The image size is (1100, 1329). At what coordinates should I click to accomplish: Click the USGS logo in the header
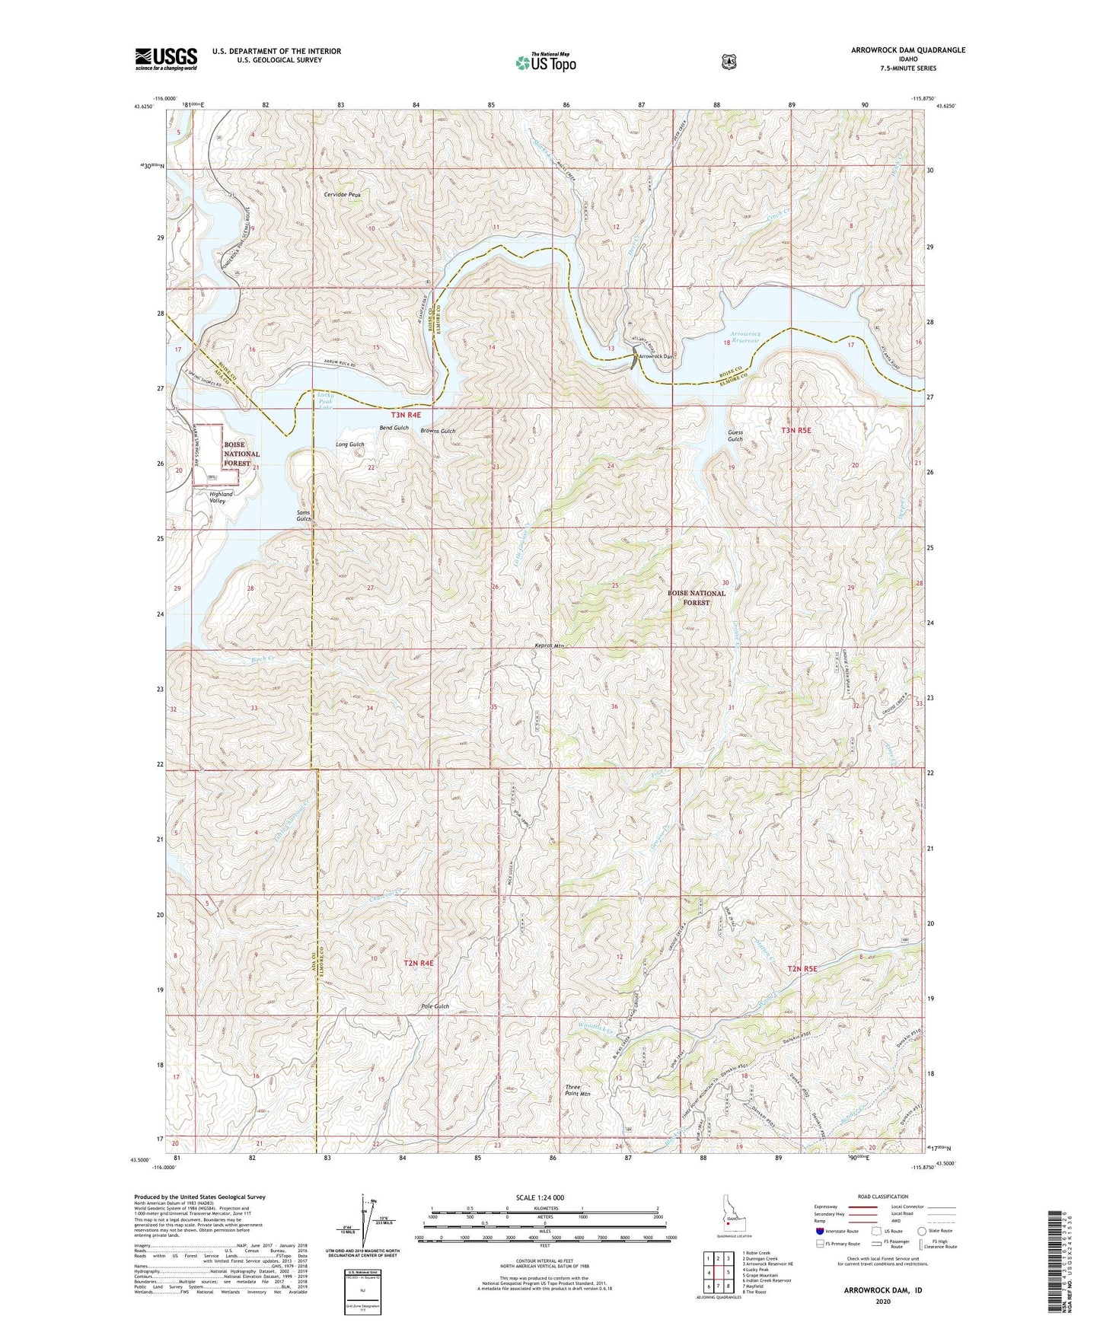[166, 59]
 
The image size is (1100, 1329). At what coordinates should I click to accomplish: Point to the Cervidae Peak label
[341, 195]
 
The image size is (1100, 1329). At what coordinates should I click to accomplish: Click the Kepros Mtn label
[549, 646]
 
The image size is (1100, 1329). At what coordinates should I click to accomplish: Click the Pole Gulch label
[435, 1006]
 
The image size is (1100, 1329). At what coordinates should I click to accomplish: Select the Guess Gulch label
[735, 435]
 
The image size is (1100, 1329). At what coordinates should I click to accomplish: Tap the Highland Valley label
[222, 498]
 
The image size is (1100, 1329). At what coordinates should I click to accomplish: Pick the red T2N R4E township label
[418, 963]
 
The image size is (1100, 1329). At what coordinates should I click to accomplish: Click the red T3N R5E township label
[796, 430]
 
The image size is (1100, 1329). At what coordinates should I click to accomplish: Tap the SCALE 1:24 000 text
[540, 1197]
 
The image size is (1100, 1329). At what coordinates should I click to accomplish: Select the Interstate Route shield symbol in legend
[819, 1231]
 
